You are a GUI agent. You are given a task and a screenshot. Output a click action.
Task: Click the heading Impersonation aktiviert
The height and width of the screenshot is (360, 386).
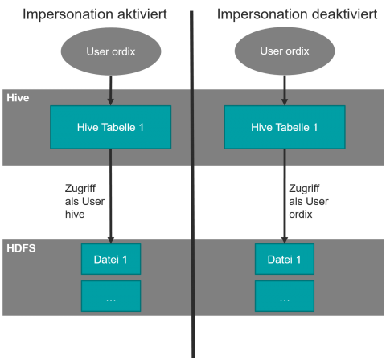95,14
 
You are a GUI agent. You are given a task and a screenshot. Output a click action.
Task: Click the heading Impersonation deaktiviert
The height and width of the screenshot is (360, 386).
297,14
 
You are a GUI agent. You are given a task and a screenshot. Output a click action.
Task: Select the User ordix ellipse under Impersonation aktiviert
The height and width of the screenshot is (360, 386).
111,51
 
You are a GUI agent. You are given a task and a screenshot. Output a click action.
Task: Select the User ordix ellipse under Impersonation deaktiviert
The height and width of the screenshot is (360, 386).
285,51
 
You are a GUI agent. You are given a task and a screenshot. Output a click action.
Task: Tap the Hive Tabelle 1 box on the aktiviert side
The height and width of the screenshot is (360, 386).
111,127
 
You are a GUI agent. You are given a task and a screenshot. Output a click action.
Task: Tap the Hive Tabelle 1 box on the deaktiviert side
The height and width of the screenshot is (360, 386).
285,127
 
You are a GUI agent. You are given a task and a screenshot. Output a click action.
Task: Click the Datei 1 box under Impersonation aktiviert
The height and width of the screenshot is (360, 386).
111,259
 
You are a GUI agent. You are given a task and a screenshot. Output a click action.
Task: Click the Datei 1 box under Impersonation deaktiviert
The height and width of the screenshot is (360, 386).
285,259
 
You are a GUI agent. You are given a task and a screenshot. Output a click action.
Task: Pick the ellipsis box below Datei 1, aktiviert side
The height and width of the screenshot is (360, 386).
111,296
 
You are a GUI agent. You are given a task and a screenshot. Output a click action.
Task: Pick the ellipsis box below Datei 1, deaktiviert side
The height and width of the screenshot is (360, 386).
285,296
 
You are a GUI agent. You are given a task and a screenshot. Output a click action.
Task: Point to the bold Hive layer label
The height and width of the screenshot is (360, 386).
18,98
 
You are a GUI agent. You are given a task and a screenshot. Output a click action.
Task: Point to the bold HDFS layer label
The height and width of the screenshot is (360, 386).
21,248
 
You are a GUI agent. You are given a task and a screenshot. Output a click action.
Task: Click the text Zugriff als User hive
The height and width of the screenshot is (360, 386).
84,202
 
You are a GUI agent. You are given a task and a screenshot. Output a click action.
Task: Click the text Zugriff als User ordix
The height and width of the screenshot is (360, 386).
309,202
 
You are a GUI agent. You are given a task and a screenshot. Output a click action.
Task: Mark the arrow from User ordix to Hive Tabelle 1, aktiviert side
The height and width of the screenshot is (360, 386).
111,91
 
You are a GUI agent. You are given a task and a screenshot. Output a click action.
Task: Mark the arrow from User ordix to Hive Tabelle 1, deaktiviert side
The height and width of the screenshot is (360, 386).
285,90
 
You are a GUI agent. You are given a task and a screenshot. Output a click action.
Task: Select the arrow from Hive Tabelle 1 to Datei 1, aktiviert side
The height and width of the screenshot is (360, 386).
111,196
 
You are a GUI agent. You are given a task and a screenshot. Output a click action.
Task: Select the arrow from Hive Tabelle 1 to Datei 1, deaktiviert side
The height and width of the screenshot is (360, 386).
285,196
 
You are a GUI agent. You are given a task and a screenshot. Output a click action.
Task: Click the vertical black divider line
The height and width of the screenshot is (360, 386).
192,184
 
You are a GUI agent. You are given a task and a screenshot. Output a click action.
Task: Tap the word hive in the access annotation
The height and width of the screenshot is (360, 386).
75,215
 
